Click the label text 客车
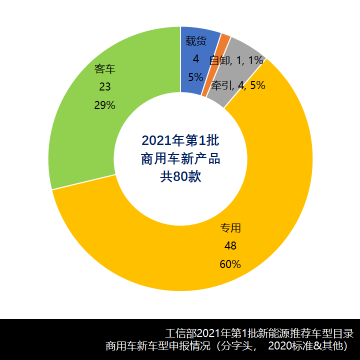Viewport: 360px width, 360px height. pos(105,68)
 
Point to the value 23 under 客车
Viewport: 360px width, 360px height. pos(105,87)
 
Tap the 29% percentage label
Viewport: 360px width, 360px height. pos(105,105)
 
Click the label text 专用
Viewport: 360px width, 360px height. pos(230,228)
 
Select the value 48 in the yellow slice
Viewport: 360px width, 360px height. pos(230,246)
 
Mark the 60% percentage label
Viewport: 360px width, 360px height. pos(230,264)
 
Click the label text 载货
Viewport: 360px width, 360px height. pos(195,41)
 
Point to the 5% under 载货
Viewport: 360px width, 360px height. pos(195,77)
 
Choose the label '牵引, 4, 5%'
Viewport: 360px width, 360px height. pos(238,85)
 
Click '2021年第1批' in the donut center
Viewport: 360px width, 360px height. pos(180,139)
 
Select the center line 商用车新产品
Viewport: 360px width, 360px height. pos(180,158)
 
